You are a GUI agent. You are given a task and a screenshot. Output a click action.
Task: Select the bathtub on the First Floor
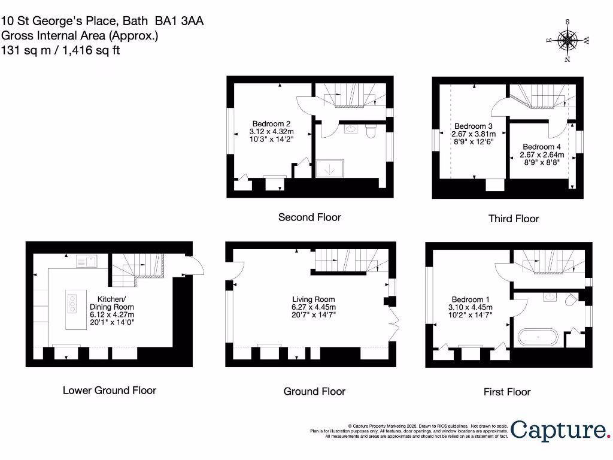[538, 337]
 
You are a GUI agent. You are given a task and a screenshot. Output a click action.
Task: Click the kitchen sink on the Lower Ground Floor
[87, 261]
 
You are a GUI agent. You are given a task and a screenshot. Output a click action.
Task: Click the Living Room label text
[313, 299]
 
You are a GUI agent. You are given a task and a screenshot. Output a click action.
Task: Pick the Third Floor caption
[513, 219]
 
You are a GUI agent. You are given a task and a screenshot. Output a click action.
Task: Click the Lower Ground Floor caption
[110, 391]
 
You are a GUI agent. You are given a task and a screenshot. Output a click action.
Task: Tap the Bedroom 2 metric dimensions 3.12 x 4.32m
[272, 132]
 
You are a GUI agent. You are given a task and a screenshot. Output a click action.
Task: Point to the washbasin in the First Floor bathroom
[549, 296]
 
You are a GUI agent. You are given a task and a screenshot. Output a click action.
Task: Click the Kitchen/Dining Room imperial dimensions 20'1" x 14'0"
[112, 322]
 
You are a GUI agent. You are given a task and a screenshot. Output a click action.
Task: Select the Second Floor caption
[309, 217]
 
